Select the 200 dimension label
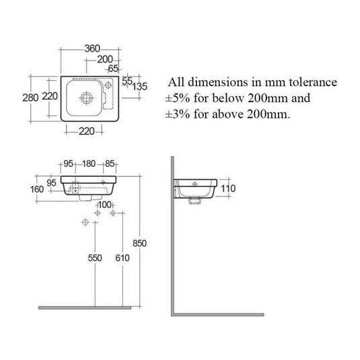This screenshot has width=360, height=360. (x=104, y=59)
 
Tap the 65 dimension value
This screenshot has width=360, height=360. (x=112, y=68)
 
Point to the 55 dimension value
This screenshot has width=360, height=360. (x=127, y=81)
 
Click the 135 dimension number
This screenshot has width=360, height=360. (x=140, y=85)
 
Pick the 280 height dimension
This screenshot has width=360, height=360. (x=31, y=97)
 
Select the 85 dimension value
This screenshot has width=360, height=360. (x=111, y=164)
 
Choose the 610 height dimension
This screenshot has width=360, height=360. (x=121, y=257)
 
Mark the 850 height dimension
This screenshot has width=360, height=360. (x=140, y=243)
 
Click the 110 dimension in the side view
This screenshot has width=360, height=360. (x=227, y=188)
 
